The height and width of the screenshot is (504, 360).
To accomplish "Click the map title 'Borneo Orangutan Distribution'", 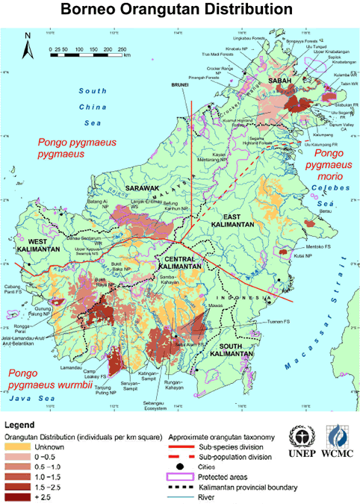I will coord(179,11).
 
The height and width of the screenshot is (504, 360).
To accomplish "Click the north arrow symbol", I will coord(28,46).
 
